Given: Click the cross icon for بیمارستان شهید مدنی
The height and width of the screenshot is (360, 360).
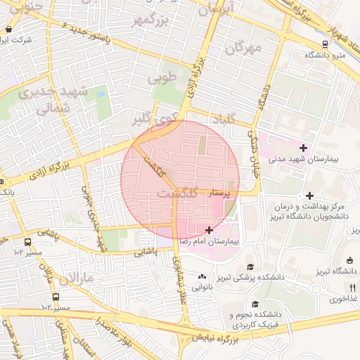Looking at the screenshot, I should [303, 148].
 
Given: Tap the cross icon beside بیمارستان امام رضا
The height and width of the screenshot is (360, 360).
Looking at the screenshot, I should [209, 230].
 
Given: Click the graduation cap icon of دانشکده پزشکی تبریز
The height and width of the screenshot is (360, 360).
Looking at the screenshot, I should [250, 266].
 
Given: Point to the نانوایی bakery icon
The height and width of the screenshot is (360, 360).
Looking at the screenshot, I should [202, 276].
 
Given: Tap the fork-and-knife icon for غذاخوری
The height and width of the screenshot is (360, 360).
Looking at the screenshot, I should [352, 287].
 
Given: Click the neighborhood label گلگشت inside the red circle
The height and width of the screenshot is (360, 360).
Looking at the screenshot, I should [176, 192].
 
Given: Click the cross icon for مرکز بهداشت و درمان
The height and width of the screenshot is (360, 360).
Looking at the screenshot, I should [309, 195].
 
